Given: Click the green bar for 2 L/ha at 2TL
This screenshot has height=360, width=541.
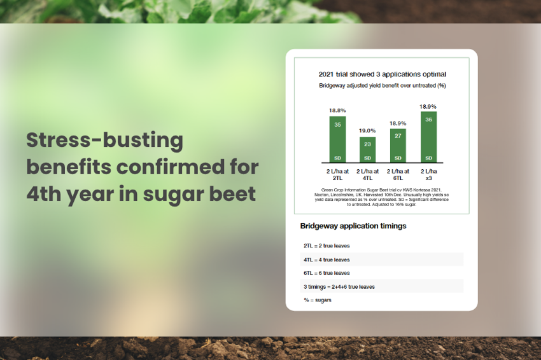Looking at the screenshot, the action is click(x=337, y=139).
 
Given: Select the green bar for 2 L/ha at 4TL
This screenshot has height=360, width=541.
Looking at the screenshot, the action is click(x=367, y=149).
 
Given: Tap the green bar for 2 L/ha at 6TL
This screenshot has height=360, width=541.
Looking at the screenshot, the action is click(x=398, y=146).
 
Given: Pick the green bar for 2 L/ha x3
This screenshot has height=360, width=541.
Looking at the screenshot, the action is click(x=428, y=137).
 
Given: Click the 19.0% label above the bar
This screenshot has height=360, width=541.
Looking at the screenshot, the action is click(x=367, y=130).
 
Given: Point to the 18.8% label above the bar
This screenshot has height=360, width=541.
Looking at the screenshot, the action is click(x=337, y=110).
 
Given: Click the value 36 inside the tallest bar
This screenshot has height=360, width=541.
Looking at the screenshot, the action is click(x=428, y=120).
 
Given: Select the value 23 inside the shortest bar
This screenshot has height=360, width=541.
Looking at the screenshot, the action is click(x=367, y=144).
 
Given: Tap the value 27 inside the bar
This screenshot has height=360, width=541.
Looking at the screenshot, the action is click(x=398, y=136).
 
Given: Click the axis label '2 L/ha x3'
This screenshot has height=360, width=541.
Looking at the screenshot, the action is click(x=428, y=174).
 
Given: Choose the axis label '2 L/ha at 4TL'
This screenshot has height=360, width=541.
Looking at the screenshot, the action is click(x=367, y=174).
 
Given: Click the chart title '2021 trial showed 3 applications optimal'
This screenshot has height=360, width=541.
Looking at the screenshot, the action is click(x=383, y=74).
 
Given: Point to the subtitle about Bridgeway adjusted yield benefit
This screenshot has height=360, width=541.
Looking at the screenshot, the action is click(x=383, y=85).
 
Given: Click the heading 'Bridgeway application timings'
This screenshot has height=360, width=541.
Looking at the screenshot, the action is click(x=353, y=226).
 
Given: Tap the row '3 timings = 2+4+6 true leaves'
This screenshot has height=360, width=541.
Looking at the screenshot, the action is click(x=339, y=287).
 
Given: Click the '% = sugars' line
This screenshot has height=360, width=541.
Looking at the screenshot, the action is click(x=318, y=300).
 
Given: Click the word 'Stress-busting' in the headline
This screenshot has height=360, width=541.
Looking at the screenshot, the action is click(x=104, y=141).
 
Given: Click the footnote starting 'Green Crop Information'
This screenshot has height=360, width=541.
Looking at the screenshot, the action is click(x=382, y=197).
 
